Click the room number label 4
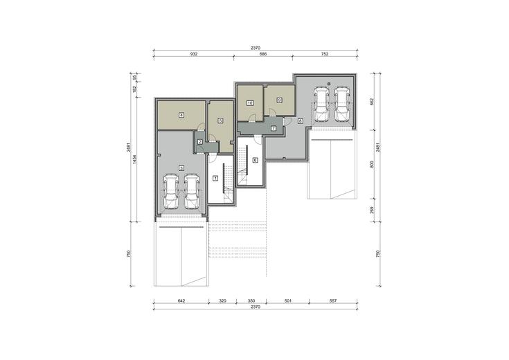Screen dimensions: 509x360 (x=181, y=115)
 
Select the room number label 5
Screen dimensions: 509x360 (x=221, y=120)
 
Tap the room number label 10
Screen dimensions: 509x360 (x=249, y=103)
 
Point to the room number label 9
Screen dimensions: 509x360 (x=280, y=100)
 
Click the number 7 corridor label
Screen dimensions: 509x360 (x=274, y=129)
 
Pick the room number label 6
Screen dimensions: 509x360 (x=255, y=160)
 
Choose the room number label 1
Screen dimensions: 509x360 (x=215, y=178)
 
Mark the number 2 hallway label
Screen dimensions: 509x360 (x=200, y=141)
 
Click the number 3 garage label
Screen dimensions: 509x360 (x=181, y=168)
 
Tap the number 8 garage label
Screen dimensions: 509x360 (x=301, y=121)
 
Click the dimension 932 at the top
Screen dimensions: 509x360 (x=193, y=54)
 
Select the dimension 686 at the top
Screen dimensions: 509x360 (x=263, y=54)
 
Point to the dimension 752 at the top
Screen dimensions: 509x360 (x=325, y=54)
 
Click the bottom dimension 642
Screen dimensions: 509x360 (x=181, y=301)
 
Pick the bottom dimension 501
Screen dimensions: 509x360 (x=287, y=301)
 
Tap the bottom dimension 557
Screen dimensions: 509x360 (x=333, y=301)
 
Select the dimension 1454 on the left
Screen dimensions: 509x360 (x=135, y=159)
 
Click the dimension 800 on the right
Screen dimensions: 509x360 (x=372, y=164)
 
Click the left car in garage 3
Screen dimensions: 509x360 (x=171, y=192)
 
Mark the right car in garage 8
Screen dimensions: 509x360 (x=342, y=105)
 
